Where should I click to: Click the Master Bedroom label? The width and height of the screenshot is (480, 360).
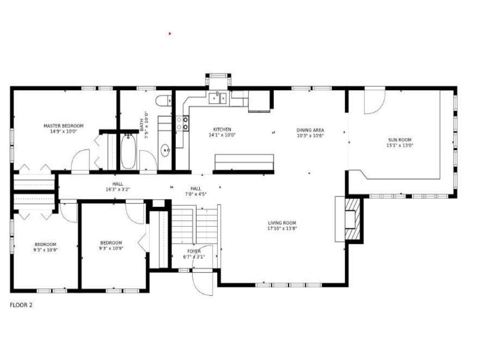point(63,126)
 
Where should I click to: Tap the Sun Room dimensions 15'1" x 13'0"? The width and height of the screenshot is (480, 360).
point(400,145)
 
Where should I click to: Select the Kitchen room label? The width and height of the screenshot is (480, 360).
point(222,129)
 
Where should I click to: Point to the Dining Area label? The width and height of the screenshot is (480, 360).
point(310,130)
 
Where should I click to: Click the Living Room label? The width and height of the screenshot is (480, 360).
point(282,223)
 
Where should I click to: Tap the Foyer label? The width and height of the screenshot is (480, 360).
point(194,251)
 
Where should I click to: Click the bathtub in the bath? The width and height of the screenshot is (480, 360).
point(128,151)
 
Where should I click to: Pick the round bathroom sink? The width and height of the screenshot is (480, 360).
point(165,150)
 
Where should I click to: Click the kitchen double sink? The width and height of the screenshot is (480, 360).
point(217,98)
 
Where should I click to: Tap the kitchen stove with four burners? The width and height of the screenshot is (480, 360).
point(182,123)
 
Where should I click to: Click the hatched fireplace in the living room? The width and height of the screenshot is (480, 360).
point(352,219)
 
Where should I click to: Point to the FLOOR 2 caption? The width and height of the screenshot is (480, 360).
point(21,305)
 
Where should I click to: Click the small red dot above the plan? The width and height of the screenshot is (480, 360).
point(170,34)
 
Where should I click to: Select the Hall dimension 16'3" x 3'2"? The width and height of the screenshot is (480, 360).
point(118,189)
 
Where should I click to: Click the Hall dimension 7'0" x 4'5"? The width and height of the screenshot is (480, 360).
point(196,194)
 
